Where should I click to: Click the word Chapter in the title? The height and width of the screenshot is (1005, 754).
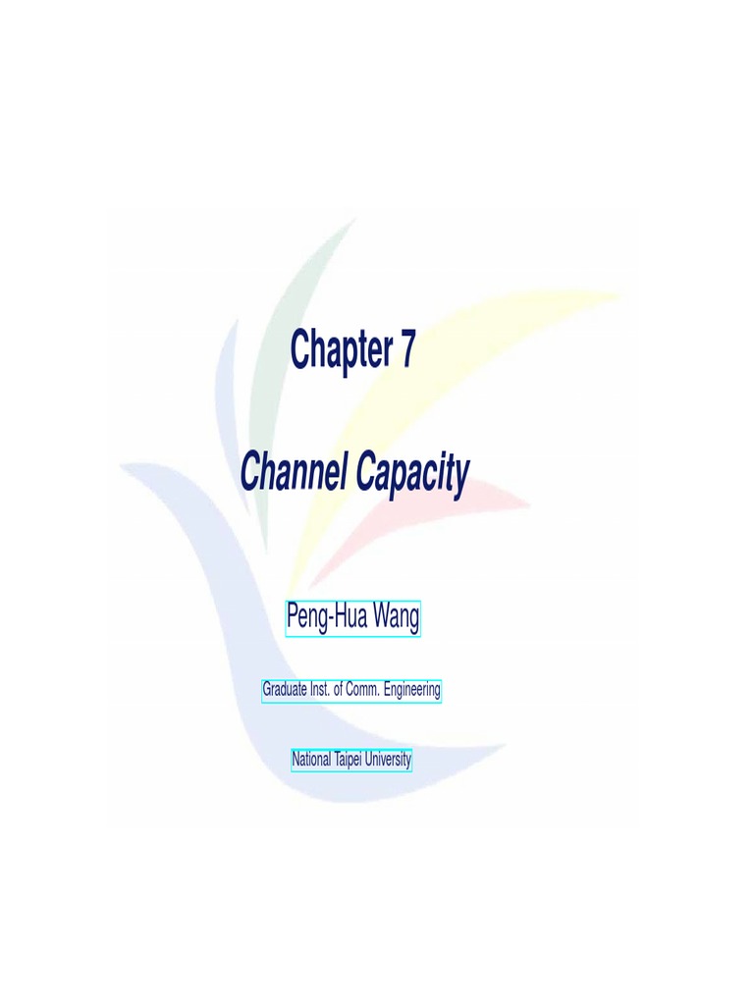tap(340, 350)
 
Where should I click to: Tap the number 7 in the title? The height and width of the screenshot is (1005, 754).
tap(406, 349)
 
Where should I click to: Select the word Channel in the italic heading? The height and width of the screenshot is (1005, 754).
tap(294, 473)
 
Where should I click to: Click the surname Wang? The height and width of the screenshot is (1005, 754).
tap(396, 617)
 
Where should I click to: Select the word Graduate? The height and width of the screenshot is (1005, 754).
tap(284, 690)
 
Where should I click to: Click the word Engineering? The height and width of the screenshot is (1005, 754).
tap(411, 690)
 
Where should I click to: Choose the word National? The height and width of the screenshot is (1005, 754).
tap(311, 760)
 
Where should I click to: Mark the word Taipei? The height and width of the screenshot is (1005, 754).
tap(348, 760)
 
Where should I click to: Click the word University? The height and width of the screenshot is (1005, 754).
tap(388, 760)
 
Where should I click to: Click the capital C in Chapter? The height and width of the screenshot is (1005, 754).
tap(300, 349)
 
